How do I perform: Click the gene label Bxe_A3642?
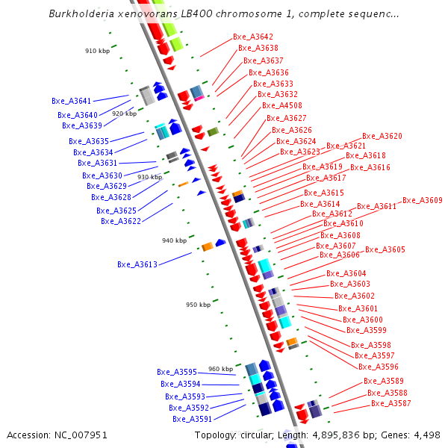253,37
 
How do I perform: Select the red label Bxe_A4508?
281,106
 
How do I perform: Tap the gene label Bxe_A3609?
423,200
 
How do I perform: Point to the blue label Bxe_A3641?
71,101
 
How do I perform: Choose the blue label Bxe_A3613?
137,264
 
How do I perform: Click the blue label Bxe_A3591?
193,419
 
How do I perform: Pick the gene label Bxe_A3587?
391,404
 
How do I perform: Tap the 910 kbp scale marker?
97,51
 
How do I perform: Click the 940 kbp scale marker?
174,240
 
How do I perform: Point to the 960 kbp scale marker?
220,369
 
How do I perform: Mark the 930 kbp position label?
149,177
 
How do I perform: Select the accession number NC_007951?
80,435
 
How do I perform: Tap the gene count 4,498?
427,435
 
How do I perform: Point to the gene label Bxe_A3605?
385,249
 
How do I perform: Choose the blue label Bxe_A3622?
121,221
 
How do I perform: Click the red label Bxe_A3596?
379,367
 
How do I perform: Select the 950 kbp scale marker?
198,305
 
